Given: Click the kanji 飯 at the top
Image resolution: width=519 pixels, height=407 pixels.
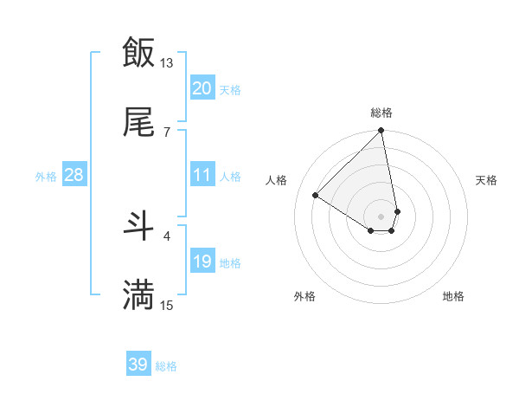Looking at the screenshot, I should click(x=138, y=52).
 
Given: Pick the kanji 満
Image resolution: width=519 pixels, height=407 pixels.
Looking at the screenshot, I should click(x=138, y=295).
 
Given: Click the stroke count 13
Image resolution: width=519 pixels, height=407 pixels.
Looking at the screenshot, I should click(x=167, y=62).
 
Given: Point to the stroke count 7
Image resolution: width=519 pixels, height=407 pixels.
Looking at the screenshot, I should click(x=167, y=132).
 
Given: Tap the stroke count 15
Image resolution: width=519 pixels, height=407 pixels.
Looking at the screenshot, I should click(x=167, y=305).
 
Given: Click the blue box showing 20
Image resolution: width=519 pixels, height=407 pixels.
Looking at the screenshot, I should click(x=202, y=88).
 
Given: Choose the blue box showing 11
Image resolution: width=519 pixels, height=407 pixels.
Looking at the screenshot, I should click(x=202, y=175).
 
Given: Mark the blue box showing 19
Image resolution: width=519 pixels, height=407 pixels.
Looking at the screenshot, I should click(x=202, y=262).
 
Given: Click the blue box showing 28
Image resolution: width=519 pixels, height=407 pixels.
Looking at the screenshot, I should click(x=74, y=175).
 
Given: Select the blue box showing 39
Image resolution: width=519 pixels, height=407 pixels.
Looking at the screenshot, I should click(x=138, y=365).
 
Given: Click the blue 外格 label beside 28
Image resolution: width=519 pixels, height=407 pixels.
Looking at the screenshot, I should click(x=46, y=176).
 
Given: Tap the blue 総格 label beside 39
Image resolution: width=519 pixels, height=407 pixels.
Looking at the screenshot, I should click(x=166, y=366).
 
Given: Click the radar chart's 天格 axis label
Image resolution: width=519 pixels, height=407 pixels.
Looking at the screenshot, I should click(x=487, y=180).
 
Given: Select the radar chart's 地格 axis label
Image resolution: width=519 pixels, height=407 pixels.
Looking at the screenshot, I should click(x=453, y=297).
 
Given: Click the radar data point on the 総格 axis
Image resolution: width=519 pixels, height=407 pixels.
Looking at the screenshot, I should click(x=381, y=132).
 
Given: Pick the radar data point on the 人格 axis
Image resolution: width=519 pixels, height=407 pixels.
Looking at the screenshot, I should click(x=316, y=196).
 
